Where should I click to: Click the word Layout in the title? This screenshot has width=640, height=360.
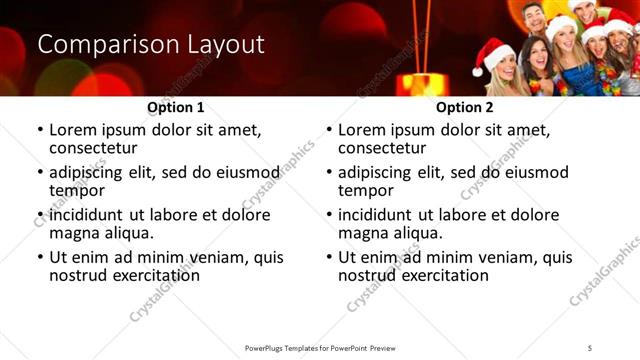[x=225, y=45]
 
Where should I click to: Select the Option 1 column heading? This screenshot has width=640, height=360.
[x=176, y=107]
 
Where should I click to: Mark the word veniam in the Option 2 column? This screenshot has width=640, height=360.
[x=493, y=257]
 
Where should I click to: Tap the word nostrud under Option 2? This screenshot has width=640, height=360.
[x=367, y=276]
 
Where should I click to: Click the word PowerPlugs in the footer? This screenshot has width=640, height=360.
[x=268, y=347]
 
